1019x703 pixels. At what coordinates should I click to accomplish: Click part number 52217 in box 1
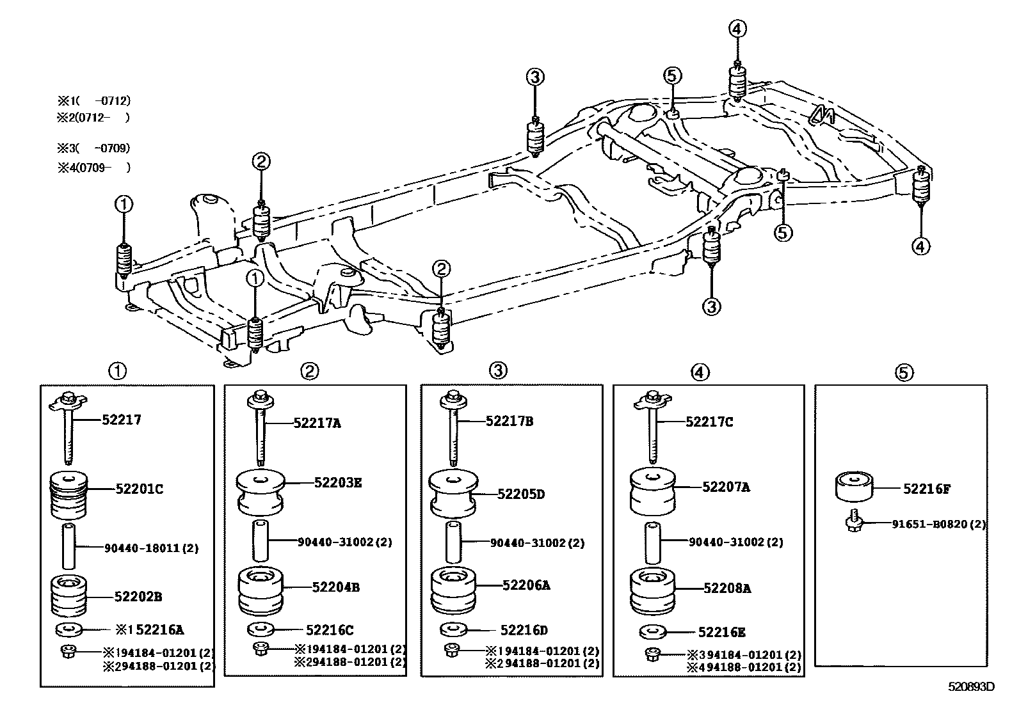(x=122, y=420)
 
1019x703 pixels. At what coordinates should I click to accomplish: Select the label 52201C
(x=139, y=489)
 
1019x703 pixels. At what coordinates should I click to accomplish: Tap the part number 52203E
(x=337, y=482)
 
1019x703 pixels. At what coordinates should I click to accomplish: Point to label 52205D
(x=521, y=494)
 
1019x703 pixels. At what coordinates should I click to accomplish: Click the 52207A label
(x=726, y=487)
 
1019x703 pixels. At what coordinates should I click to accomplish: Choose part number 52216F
(x=927, y=489)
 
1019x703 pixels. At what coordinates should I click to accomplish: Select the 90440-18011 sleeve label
(x=151, y=548)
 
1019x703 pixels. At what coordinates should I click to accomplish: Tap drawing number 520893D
(x=972, y=688)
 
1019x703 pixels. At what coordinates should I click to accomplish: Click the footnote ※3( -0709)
(x=94, y=148)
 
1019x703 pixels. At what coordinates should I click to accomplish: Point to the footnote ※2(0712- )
(x=94, y=117)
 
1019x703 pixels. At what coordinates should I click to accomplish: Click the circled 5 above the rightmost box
(x=904, y=372)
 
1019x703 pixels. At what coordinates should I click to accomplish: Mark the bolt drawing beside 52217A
(x=260, y=429)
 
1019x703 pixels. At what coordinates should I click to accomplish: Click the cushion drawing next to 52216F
(x=855, y=488)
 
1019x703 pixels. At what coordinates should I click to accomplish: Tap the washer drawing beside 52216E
(x=653, y=632)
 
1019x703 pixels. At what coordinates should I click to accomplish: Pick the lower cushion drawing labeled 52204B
(x=260, y=591)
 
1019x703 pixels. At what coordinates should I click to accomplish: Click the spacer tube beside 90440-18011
(x=68, y=546)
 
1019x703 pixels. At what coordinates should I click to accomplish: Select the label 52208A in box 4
(x=726, y=587)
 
